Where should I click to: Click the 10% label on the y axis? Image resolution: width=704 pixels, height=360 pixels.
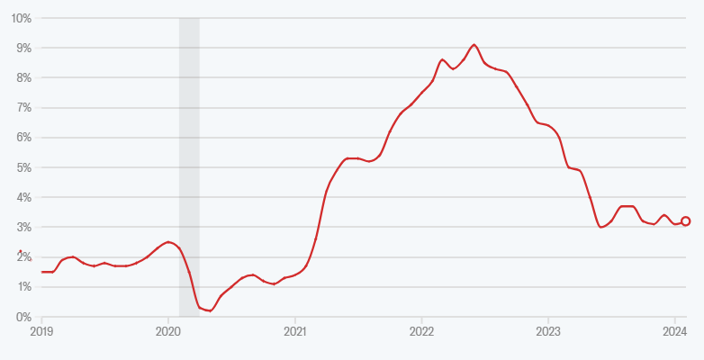point(22,18)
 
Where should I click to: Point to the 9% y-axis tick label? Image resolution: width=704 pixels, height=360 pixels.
point(24,48)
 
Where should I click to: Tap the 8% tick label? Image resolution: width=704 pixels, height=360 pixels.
point(24,78)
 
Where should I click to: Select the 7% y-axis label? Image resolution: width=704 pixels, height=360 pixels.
point(24,108)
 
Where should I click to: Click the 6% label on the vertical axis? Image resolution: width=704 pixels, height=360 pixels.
point(24,138)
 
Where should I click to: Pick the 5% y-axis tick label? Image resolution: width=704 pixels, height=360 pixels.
point(24,167)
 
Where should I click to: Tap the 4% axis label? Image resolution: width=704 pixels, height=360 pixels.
point(24,197)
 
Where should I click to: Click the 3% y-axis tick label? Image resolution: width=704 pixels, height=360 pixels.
point(24,228)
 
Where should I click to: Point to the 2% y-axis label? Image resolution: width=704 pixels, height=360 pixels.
point(24,257)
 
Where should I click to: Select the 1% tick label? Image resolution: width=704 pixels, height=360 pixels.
point(24,287)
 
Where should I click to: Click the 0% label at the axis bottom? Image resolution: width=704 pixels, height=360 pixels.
point(24,317)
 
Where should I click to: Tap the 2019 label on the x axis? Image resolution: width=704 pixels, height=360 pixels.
point(42,331)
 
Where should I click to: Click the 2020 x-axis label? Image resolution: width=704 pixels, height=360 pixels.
point(168,331)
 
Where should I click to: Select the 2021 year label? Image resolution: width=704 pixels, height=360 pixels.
point(295,331)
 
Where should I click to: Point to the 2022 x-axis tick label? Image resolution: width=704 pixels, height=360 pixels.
point(421,331)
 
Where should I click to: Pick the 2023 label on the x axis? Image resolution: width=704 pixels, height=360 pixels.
point(548,331)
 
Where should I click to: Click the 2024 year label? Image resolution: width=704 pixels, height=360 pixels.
point(675,331)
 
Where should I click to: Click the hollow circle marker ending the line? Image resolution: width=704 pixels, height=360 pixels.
point(686,221)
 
